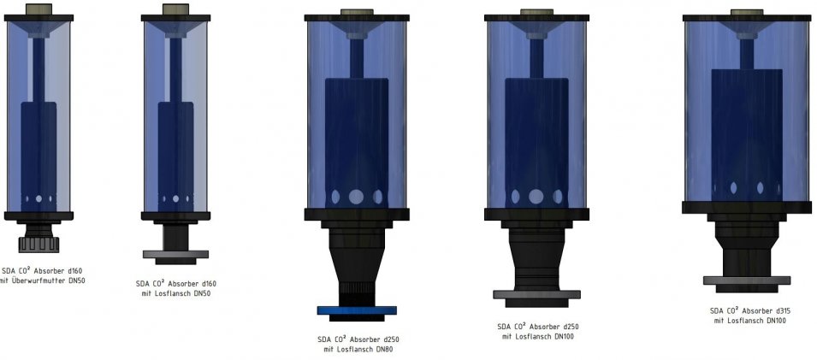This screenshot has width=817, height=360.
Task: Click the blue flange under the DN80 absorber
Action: tap(357, 310)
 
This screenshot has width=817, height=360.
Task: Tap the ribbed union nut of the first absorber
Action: tap(38, 244)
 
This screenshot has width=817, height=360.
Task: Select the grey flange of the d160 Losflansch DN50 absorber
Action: tap(175, 254)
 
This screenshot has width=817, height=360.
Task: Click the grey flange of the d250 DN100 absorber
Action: tap(536, 294)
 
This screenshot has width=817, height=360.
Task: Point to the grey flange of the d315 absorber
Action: tap(747, 280)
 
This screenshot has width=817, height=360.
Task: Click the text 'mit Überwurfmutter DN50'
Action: tap(43, 280)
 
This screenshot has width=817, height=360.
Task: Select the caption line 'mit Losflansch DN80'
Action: tap(358, 349)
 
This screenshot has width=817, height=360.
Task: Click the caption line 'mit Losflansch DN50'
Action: tap(175, 293)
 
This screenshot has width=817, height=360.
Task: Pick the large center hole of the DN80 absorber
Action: tap(357, 197)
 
